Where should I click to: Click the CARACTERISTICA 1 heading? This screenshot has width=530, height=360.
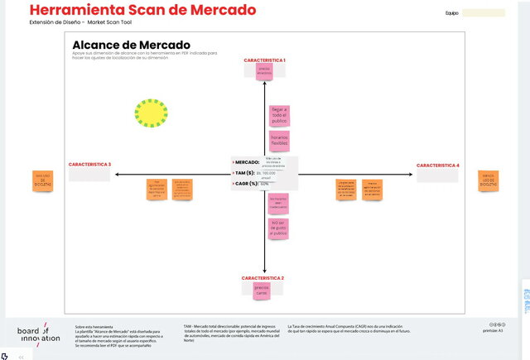[264, 60]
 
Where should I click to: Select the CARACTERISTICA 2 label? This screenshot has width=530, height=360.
[263, 277]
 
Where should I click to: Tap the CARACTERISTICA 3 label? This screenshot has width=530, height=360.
[89, 164]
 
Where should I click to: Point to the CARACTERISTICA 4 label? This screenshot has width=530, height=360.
[438, 166]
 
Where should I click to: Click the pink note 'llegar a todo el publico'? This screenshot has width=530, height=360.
[279, 115]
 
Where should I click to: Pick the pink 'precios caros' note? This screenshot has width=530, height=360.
[262, 291]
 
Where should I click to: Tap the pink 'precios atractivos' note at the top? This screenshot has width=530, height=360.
[264, 72]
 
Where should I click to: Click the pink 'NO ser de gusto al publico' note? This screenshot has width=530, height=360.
[279, 228]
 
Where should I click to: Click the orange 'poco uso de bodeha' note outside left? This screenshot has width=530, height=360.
[41, 181]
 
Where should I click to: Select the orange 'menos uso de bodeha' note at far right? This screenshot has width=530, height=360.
[488, 180]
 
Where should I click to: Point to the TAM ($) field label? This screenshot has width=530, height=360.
[244, 173]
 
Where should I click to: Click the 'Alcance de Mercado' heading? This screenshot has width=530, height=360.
[131, 45]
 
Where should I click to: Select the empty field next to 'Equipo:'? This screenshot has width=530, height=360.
[484, 13]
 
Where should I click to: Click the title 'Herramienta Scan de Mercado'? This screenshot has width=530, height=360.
[142, 11]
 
